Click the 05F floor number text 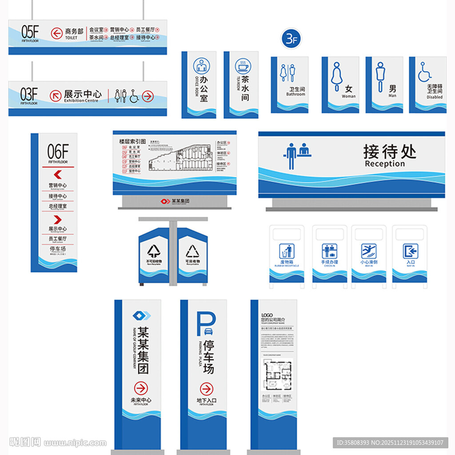[30, 32]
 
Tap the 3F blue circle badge [291, 39]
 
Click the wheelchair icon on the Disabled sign [424, 72]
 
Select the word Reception [385, 164]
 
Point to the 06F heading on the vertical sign [58, 152]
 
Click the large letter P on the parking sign [206, 323]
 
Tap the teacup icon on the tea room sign [243, 66]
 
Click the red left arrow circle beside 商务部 [56, 33]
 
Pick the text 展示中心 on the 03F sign [82, 94]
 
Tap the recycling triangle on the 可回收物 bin [193, 251]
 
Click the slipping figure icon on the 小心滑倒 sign [368, 251]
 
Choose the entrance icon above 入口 [410, 251]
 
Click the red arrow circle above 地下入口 [206, 389]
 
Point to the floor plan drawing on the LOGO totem [277, 374]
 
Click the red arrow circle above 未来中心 [141, 388]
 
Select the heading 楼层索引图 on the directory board [132, 141]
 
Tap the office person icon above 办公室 [201, 67]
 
